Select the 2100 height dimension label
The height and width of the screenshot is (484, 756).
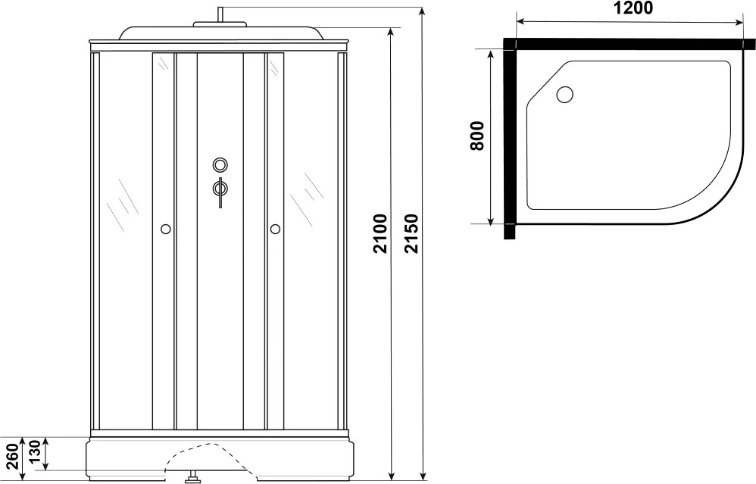point(380,234)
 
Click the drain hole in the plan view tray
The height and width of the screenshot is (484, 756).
point(564,94)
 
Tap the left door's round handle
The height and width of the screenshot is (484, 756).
point(165,229)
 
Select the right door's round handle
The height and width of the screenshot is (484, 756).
point(275,229)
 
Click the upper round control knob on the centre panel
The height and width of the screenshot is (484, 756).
point(220,165)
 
